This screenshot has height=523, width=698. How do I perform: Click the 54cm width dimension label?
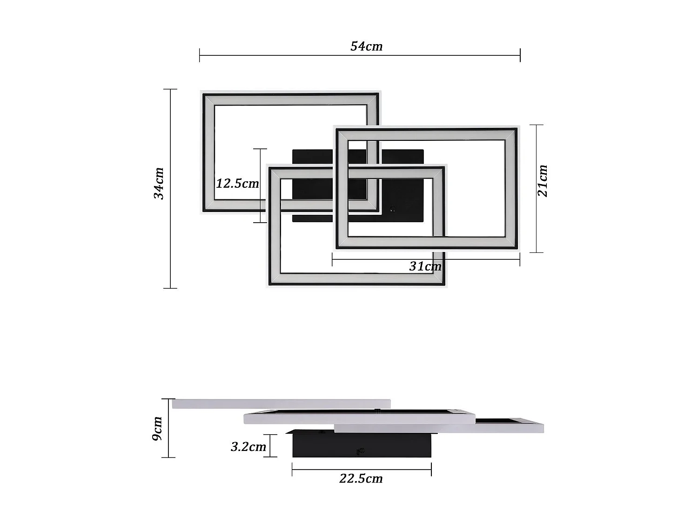[x=366, y=46]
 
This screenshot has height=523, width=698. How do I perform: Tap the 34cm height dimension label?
[x=159, y=183]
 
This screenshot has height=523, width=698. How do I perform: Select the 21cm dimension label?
[x=543, y=181]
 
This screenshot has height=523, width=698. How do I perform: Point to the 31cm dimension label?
[x=425, y=266]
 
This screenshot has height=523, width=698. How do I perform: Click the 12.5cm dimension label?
[x=237, y=183]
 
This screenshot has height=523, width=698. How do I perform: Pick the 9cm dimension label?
[x=157, y=428]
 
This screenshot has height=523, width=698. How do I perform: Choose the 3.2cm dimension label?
[x=248, y=447]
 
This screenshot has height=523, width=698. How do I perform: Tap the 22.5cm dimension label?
[x=361, y=478]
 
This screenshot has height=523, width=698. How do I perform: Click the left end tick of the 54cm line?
[x=200, y=55]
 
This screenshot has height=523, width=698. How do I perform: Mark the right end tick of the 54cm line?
[x=520, y=55]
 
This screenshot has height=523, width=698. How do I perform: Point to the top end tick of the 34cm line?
[x=170, y=89]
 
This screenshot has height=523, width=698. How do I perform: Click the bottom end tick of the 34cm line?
[x=170, y=288]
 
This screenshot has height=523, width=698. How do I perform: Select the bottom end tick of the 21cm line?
[x=537, y=252]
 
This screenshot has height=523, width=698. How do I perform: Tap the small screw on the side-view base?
[x=359, y=450]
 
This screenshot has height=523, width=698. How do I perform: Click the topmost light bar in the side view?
[x=281, y=404]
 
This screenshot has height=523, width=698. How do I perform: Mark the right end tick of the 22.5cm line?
[x=431, y=470]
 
